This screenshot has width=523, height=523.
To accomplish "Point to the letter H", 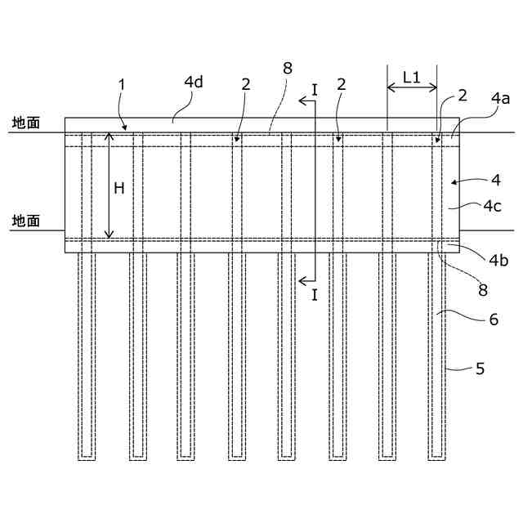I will pos(119,189).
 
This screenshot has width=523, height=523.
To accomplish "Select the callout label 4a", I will pos(500,99).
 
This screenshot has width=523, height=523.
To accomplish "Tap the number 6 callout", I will pos(493,320).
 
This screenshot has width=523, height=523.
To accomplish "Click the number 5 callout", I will pos(480,369).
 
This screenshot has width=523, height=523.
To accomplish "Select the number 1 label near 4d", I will pos(121,85).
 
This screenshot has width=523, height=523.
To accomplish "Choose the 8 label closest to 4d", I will pos(286,69).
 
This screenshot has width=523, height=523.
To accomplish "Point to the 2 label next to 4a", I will pos(462,96).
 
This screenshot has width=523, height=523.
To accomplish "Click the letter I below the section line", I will pos(315,296).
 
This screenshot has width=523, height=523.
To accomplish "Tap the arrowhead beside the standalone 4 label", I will pos(456,179).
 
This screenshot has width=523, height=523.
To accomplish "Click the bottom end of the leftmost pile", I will pos(87,458).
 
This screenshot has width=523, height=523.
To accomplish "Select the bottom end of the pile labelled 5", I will pos(436,458).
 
